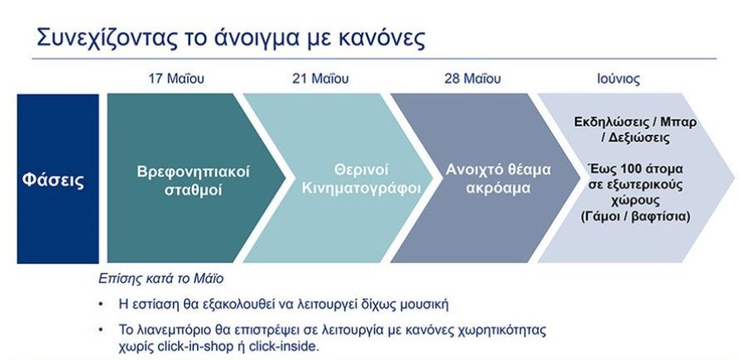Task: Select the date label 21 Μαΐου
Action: click(319, 79)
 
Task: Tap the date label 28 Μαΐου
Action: click(472, 79)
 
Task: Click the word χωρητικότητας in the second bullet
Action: click(504, 330)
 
